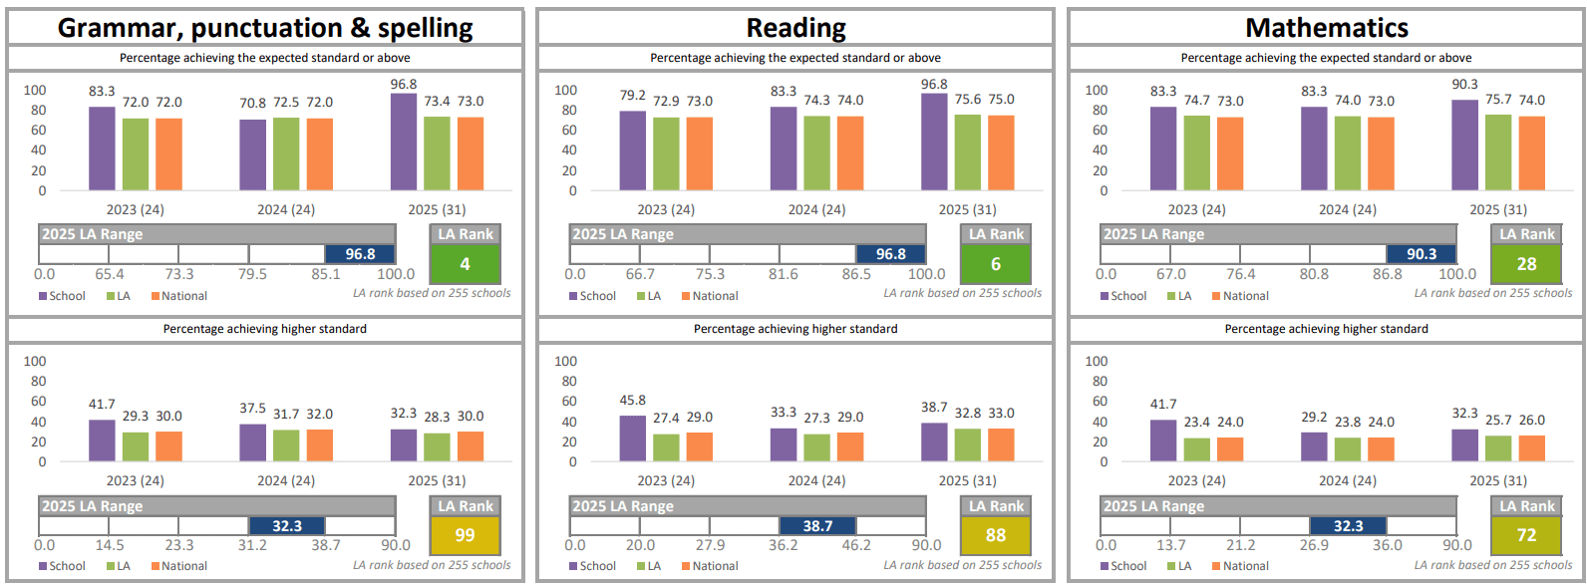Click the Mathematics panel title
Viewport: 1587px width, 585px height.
[1327, 28]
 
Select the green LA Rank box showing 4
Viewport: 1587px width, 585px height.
[465, 264]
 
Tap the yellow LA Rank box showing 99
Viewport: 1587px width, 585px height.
[465, 535]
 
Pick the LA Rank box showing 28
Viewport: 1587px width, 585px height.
[1526, 264]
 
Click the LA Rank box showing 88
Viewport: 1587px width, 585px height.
[996, 535]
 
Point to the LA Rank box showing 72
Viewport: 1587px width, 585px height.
[1526, 535]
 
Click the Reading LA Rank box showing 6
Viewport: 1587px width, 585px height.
[996, 264]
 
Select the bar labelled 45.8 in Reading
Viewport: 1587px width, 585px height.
[633, 439]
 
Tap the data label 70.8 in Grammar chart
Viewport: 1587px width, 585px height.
[253, 103]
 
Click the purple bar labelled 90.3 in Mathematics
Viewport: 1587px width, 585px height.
[1465, 146]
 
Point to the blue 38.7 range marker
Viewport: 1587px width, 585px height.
[817, 526]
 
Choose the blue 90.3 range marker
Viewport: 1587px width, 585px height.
[1422, 254]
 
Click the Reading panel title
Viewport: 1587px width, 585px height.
[795, 28]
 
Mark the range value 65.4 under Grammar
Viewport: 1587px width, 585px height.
[110, 274]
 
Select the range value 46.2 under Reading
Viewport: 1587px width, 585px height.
[856, 545]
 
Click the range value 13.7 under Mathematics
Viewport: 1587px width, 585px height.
[1171, 545]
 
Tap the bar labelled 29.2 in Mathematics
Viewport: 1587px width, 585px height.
[1314, 446]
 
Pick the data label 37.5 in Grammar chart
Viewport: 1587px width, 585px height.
[253, 409]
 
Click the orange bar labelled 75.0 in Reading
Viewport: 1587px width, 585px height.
[1001, 152]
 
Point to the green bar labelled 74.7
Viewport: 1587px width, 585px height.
[1197, 152]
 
